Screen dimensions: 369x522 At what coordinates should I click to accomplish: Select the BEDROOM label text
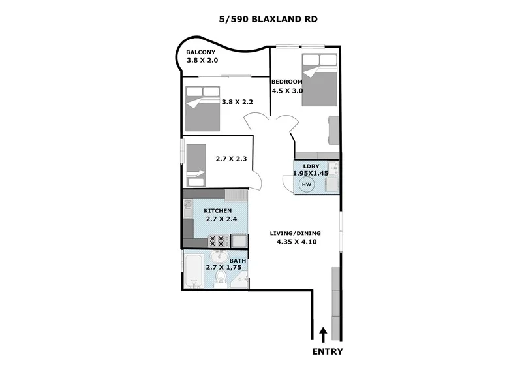pyautogui.click(x=286, y=82)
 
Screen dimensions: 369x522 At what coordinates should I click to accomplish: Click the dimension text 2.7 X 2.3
pyautogui.click(x=231, y=158)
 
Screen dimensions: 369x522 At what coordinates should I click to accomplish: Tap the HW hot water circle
pyautogui.click(x=307, y=185)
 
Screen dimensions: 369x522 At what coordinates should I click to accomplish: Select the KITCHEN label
pyautogui.click(x=218, y=211)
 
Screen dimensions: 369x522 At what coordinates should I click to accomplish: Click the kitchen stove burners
pyautogui.click(x=217, y=242)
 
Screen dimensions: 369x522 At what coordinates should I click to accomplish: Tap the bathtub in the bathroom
pyautogui.click(x=193, y=273)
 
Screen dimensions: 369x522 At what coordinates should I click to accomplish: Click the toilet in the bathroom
pyautogui.click(x=222, y=280)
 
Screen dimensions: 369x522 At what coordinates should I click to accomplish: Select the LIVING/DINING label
pyautogui.click(x=296, y=233)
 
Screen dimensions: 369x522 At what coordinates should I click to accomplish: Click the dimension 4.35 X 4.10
pyautogui.click(x=296, y=242)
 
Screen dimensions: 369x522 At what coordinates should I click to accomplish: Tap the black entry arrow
pyautogui.click(x=323, y=334)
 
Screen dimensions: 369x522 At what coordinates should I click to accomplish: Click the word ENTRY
pyautogui.click(x=327, y=351)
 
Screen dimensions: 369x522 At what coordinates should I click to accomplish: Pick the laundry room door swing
pyautogui.click(x=288, y=184)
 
